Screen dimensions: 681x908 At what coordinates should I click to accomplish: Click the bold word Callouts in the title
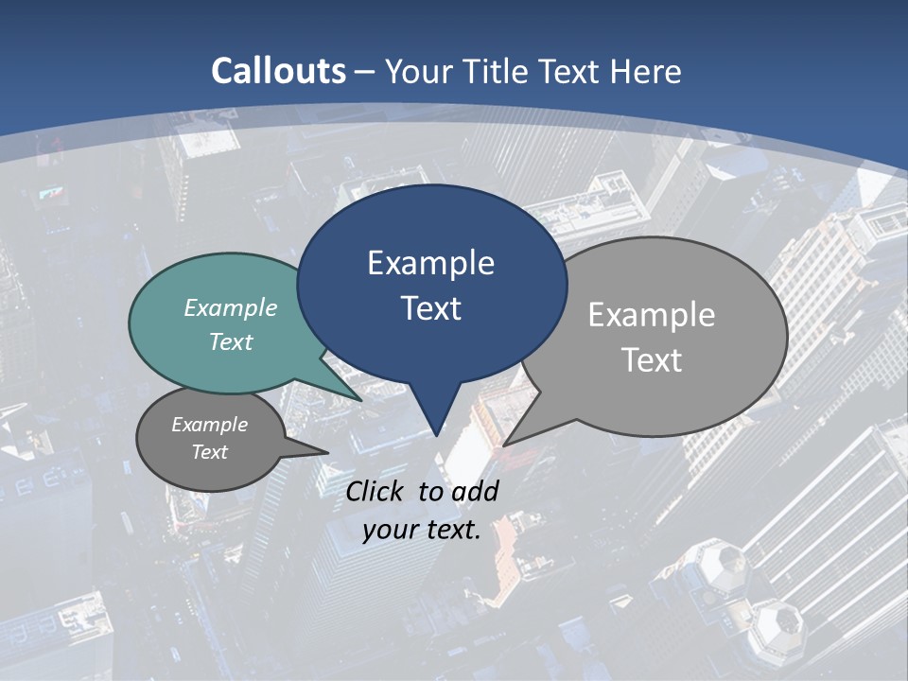click(x=279, y=71)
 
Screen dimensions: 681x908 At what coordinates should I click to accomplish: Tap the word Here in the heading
click(x=645, y=71)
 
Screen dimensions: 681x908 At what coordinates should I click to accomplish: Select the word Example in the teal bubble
click(x=231, y=307)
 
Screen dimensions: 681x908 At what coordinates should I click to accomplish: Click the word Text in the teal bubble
click(x=231, y=341)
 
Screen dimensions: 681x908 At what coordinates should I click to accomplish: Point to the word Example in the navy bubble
click(x=430, y=263)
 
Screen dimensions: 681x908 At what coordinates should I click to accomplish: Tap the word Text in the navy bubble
click(x=431, y=307)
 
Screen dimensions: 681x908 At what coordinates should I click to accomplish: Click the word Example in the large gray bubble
click(x=652, y=315)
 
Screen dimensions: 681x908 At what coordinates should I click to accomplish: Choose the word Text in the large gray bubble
click(x=652, y=359)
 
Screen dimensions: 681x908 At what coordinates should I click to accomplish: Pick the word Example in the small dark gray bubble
click(x=210, y=425)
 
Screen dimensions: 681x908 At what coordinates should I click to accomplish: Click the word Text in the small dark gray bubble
click(x=210, y=452)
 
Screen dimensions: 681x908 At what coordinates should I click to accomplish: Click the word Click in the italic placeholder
click(x=376, y=491)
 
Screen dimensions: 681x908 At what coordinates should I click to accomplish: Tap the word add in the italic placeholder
click(x=475, y=491)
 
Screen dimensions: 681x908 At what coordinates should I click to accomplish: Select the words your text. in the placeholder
click(x=422, y=530)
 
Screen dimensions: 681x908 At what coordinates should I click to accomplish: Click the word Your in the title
click(x=420, y=71)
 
